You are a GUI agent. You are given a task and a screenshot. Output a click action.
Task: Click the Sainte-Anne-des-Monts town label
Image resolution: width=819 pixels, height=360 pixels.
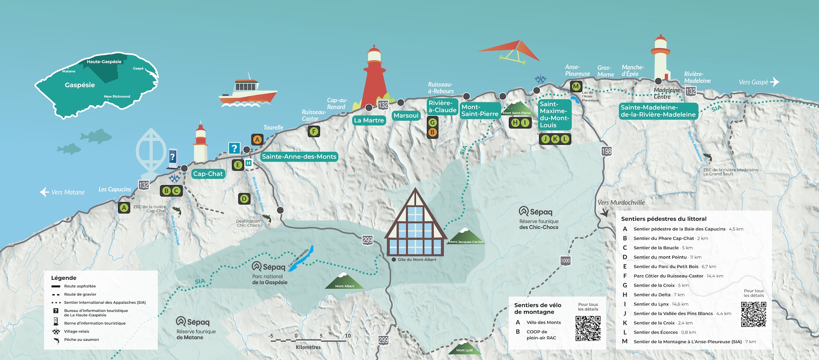[299, 157]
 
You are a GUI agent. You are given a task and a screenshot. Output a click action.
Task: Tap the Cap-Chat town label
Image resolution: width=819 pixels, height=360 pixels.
[208, 174]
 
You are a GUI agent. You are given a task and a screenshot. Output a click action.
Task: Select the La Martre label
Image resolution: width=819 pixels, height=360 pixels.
[369, 120]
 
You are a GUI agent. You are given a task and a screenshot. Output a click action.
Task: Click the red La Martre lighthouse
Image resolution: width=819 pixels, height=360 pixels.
[374, 79]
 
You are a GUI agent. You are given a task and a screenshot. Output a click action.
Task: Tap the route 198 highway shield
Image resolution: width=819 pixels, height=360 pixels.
[606, 151]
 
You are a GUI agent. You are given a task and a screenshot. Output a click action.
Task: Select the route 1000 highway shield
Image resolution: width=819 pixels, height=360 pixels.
[565, 261]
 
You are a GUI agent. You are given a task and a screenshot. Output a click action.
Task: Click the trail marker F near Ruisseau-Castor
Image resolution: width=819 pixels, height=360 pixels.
[314, 131]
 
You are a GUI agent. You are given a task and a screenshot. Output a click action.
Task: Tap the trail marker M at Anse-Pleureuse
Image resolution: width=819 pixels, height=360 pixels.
[576, 87]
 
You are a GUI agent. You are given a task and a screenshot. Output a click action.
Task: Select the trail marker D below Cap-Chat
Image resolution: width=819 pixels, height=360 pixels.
[244, 198]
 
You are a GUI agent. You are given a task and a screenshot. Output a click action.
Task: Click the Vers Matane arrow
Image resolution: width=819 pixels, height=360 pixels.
[44, 192]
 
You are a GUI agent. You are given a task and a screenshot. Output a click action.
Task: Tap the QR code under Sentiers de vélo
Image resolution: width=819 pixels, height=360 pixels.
[588, 328]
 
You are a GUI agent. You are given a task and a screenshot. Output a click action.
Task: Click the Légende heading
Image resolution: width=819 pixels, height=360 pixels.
[64, 278]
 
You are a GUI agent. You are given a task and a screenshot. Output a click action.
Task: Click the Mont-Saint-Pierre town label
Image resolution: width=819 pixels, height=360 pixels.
[479, 110]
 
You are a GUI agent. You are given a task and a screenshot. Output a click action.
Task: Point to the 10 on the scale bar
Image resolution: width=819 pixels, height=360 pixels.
[348, 336]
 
